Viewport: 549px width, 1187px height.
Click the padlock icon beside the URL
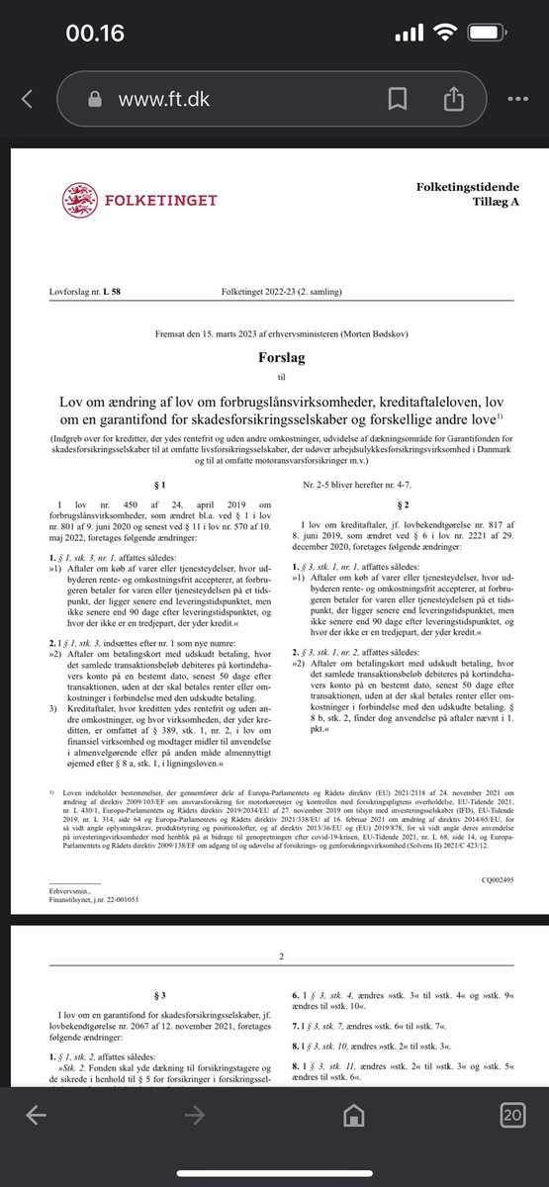(96, 99)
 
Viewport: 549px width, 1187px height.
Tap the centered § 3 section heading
(155, 992)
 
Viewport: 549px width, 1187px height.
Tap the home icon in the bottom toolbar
(348, 1143)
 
